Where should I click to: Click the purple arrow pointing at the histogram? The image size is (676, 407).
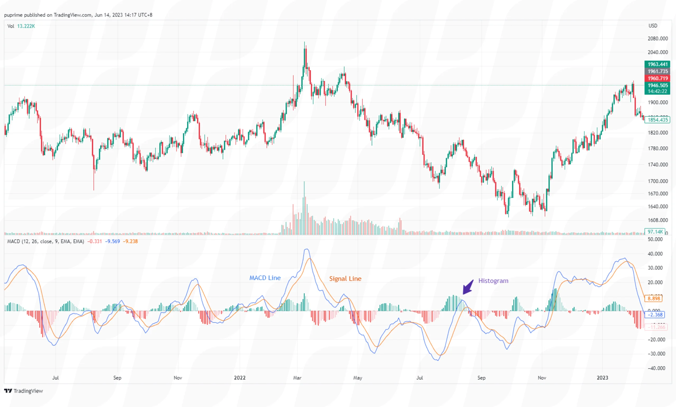pyautogui.click(x=468, y=287)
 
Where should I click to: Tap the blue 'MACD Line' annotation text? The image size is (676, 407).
pyautogui.click(x=265, y=278)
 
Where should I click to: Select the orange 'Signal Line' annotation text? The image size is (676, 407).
pyautogui.click(x=345, y=279)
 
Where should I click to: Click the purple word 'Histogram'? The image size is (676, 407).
pyautogui.click(x=493, y=281)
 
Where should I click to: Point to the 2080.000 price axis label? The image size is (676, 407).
pyautogui.click(x=657, y=38)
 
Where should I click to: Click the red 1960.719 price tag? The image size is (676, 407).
pyautogui.click(x=657, y=79)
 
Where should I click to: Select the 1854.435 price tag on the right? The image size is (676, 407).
pyautogui.click(x=657, y=120)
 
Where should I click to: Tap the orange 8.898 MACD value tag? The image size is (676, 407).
pyautogui.click(x=654, y=298)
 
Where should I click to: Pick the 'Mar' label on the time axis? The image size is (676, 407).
pyautogui.click(x=297, y=378)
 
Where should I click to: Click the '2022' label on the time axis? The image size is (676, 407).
pyautogui.click(x=240, y=378)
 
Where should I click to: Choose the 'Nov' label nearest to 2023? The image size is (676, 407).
pyautogui.click(x=542, y=378)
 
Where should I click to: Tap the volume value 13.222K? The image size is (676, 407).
pyautogui.click(x=26, y=26)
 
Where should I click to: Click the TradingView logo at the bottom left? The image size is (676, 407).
pyautogui.click(x=24, y=391)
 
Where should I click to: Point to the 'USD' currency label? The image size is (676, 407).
pyautogui.click(x=653, y=25)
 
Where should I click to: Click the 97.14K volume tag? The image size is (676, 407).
pyautogui.click(x=655, y=232)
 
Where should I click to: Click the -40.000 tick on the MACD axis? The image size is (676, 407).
pyautogui.click(x=656, y=368)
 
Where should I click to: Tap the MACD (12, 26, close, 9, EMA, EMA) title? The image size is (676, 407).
pyautogui.click(x=45, y=241)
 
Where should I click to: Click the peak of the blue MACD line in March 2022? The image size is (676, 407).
pyautogui.click(x=307, y=249)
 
